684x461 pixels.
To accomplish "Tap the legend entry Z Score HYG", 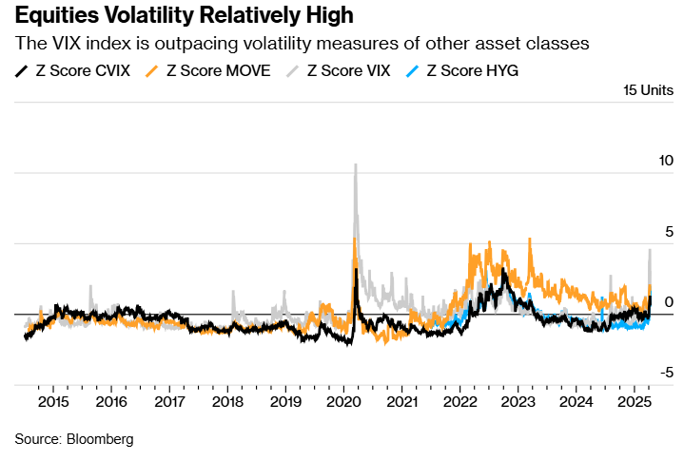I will [x=473, y=69].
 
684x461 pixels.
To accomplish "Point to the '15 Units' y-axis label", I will [x=647, y=91].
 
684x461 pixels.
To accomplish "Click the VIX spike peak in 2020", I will [x=356, y=165].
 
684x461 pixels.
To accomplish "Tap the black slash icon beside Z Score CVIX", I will [x=22, y=70].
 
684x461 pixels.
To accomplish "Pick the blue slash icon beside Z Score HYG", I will [x=411, y=70].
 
